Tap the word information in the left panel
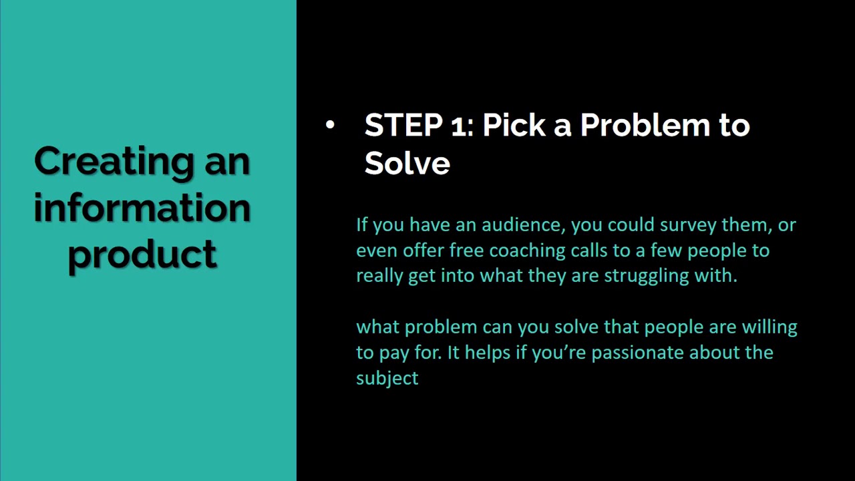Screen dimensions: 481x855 click(142, 208)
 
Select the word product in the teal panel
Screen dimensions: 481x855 click(142, 255)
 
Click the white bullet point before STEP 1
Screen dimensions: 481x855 click(330, 125)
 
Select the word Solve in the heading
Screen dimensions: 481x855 click(407, 162)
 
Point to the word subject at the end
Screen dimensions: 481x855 click(387, 378)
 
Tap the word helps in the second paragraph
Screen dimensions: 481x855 click(486, 353)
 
